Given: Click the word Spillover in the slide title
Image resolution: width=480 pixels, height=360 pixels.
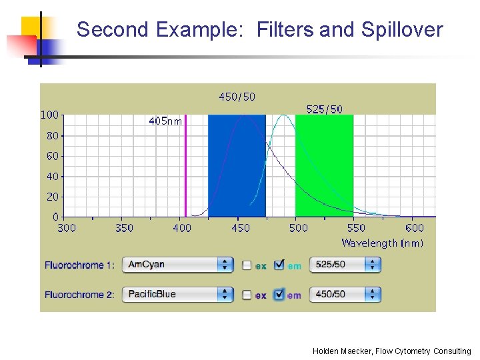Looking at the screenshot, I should pyautogui.click(x=401, y=30).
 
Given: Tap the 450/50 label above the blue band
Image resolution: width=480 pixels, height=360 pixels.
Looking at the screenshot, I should pyautogui.click(x=237, y=97).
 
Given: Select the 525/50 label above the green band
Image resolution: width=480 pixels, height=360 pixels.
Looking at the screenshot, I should pyautogui.click(x=324, y=109).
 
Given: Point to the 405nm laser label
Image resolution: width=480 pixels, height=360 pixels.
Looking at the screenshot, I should pyautogui.click(x=165, y=121).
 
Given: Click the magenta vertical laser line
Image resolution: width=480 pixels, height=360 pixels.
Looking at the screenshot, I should pyautogui.click(x=185, y=167).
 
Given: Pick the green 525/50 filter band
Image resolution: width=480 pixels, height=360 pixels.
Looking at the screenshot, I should pyautogui.click(x=323, y=167).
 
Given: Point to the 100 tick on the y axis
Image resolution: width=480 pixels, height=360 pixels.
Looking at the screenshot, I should pyautogui.click(x=49, y=115).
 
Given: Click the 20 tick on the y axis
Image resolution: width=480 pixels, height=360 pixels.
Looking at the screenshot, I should pyautogui.click(x=52, y=197).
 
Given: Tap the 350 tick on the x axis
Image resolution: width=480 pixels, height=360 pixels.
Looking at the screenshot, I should pyautogui.click(x=124, y=228).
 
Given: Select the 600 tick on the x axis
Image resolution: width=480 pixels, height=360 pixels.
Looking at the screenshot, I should pyautogui.click(x=414, y=228).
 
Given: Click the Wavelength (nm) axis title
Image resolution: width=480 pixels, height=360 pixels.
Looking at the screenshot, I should pyautogui.click(x=382, y=243).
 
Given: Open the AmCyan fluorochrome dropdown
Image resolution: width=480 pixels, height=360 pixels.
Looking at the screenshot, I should pyautogui.click(x=177, y=265).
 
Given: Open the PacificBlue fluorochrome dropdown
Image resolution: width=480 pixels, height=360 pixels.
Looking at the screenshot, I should pyautogui.click(x=177, y=294).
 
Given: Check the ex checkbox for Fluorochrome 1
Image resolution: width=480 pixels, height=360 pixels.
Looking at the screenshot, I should pyautogui.click(x=247, y=265).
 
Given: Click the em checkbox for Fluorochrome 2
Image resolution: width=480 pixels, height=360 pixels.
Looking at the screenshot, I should pyautogui.click(x=279, y=294).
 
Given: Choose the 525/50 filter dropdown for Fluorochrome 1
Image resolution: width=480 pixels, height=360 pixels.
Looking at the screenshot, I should pyautogui.click(x=345, y=265).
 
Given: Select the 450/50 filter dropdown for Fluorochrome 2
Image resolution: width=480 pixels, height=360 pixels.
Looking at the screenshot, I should pyautogui.click(x=345, y=294).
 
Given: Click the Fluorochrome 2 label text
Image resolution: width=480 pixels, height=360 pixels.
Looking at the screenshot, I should pyautogui.click(x=79, y=295).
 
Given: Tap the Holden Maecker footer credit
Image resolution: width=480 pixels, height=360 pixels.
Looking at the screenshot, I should pyautogui.click(x=391, y=351).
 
